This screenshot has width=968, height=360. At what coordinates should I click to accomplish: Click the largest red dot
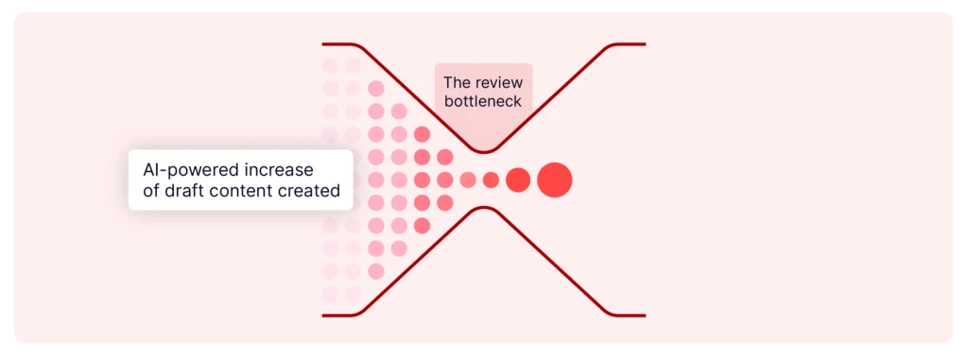(x=555, y=180)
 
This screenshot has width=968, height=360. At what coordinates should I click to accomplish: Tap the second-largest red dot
(x=518, y=180)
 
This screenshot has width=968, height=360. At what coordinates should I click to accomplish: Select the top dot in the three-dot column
(x=444, y=157)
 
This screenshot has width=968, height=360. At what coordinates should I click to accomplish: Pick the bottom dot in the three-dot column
(x=444, y=202)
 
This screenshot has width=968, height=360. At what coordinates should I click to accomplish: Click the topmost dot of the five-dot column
(x=422, y=134)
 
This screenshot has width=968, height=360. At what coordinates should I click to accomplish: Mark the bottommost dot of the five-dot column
(x=422, y=225)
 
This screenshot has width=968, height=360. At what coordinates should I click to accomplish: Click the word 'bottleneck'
(x=482, y=101)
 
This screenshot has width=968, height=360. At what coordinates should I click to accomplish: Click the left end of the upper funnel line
(x=324, y=44)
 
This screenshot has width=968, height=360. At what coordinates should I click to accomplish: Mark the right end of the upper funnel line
(x=645, y=44)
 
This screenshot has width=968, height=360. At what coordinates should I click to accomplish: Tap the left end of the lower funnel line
(x=324, y=315)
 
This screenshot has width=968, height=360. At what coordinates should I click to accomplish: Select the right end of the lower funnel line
(x=645, y=315)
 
